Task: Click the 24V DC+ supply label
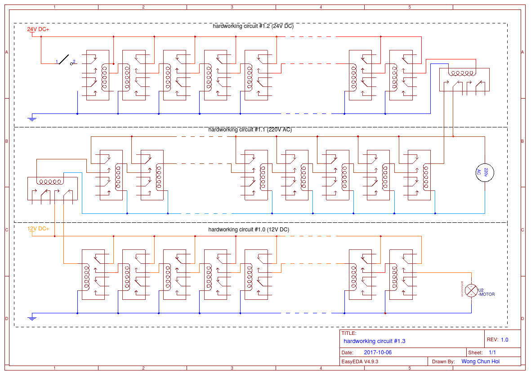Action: click(38, 29)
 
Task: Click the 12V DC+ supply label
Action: click(38, 229)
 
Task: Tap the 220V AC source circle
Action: click(485, 172)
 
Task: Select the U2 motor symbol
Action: click(471, 291)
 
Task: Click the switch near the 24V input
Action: click(66, 60)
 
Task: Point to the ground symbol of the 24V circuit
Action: click(32, 119)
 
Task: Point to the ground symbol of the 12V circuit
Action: click(32, 318)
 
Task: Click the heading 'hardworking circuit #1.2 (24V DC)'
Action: click(253, 26)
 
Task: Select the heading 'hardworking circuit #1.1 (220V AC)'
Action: click(250, 130)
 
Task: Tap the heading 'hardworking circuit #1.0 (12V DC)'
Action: click(249, 230)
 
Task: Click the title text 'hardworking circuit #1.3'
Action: click(374, 341)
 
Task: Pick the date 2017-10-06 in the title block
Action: click(378, 352)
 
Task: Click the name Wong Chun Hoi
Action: click(480, 361)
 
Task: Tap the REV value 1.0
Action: click(504, 340)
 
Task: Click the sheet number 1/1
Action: click(492, 352)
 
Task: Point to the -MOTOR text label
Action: click(486, 294)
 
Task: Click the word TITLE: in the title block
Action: click(349, 334)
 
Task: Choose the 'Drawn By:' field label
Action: click(443, 361)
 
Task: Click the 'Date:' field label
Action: click(348, 352)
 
